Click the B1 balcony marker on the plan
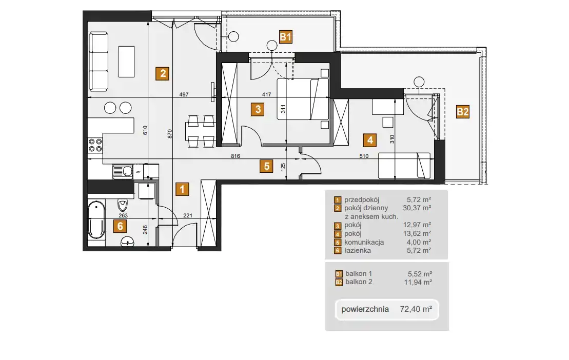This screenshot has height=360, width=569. click(x=286, y=37)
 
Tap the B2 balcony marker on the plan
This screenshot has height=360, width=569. click(x=463, y=112)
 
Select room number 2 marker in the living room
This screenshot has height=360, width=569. click(x=162, y=74)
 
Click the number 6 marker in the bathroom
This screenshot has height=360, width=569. click(x=120, y=226)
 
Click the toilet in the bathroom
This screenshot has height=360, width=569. click(x=123, y=205)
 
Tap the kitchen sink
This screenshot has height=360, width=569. click(x=123, y=171)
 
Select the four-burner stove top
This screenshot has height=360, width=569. click(x=95, y=145)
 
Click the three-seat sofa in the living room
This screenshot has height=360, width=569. click(x=99, y=61)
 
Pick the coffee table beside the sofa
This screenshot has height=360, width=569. click(x=126, y=61)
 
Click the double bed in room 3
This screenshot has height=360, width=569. click(x=303, y=99)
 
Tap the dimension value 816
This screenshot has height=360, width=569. click(x=235, y=156)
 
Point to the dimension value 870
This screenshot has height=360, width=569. click(x=169, y=134)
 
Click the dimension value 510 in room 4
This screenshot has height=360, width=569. click(x=364, y=156)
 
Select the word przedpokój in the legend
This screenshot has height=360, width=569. click(x=362, y=200)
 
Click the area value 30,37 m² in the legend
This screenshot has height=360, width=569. click(x=417, y=208)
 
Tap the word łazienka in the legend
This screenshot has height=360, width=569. click(x=358, y=251)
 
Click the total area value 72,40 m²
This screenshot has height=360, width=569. click(x=416, y=309)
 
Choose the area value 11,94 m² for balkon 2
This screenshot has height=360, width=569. click(x=418, y=282)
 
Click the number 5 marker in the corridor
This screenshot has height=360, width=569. click(x=266, y=166)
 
